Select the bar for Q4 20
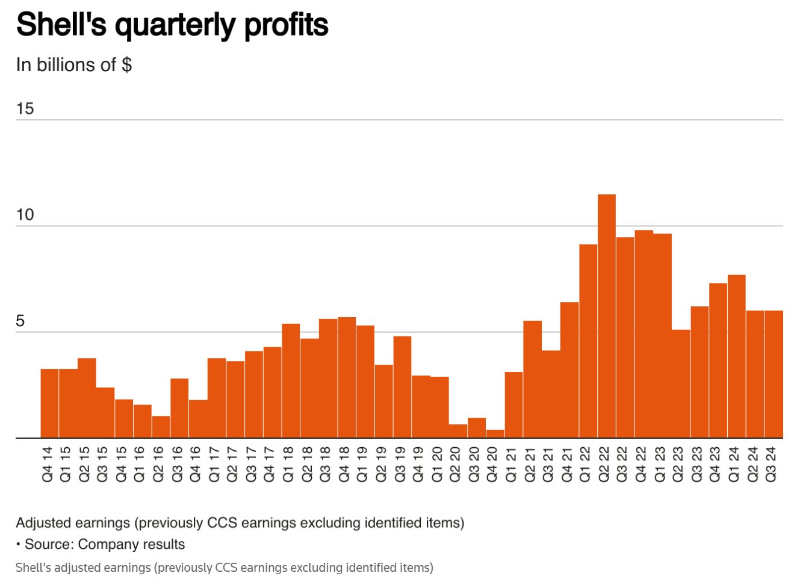[495, 433]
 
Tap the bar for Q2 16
[161, 427]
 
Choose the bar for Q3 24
[774, 374]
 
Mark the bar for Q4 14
[49, 403]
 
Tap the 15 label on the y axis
[25, 109]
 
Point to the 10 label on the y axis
[25, 215]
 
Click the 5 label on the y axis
[20, 321]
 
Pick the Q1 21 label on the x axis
[511, 464]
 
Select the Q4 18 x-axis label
[344, 464]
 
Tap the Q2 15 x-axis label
[84, 464]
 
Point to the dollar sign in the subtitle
[126, 65]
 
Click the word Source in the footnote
[49, 545]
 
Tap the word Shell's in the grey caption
[33, 568]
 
